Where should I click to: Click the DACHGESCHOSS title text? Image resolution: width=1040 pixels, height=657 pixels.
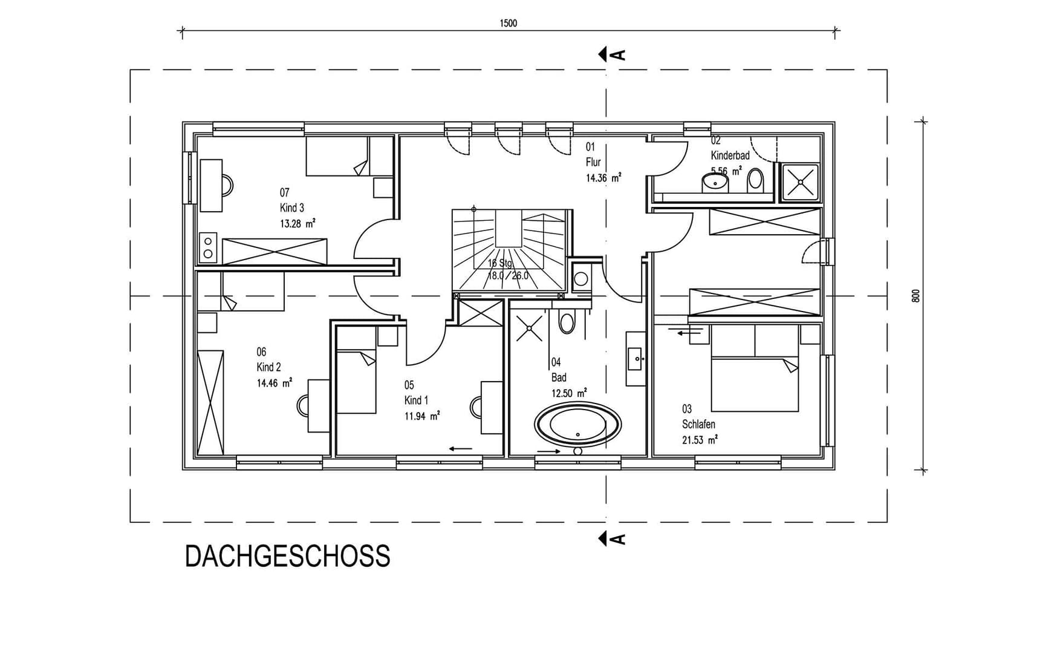pos(287,557)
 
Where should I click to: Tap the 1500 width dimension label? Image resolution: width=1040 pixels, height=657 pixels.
pos(508,24)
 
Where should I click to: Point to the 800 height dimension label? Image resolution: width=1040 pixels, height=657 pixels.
pos(915,296)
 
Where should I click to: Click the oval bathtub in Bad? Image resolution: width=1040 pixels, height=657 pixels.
pos(577,425)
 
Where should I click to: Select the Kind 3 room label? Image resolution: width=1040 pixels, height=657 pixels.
pos(292,208)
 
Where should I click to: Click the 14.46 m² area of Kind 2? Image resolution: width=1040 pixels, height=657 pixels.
pos(275,383)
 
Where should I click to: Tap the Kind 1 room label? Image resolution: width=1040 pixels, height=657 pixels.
pos(416,400)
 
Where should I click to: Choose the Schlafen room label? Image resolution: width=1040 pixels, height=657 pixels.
pos(698,425)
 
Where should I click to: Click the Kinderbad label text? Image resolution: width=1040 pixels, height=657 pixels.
pos(730,155)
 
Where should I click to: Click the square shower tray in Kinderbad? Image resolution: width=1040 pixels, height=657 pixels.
pos(801,182)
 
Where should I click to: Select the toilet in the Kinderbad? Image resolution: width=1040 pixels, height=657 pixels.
pos(755,180)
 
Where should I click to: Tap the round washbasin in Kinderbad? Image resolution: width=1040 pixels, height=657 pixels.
pos(715,181)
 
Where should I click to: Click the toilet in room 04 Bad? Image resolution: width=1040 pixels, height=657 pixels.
pos(567,322)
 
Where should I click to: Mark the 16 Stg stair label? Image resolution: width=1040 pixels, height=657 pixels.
pos(500,263)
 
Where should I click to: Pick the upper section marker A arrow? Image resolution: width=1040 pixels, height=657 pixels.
pos(611,54)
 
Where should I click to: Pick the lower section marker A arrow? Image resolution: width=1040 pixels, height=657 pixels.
pos(611,538)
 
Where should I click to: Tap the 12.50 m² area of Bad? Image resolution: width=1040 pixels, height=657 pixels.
pos(568,393)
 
